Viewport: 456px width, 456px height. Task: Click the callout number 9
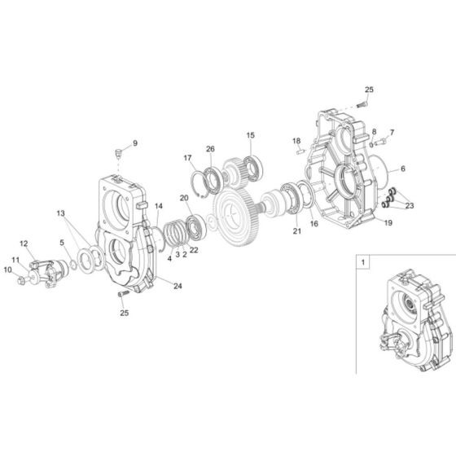[135, 143]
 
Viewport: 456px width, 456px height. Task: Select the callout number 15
[251, 135]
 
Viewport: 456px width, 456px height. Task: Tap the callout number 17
[187, 158]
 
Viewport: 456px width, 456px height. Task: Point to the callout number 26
[210, 149]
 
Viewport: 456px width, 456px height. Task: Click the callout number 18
[297, 141]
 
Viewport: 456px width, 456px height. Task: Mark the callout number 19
[388, 222]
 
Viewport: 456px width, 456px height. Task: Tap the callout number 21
[296, 231]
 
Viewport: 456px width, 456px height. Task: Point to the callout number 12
[24, 243]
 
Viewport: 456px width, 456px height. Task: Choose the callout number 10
[7, 270]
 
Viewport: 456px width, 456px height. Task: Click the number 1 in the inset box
[362, 263]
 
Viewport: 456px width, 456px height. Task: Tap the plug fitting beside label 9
[119, 151]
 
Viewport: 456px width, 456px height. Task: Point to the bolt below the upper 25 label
[362, 104]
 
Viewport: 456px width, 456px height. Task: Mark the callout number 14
[159, 206]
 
